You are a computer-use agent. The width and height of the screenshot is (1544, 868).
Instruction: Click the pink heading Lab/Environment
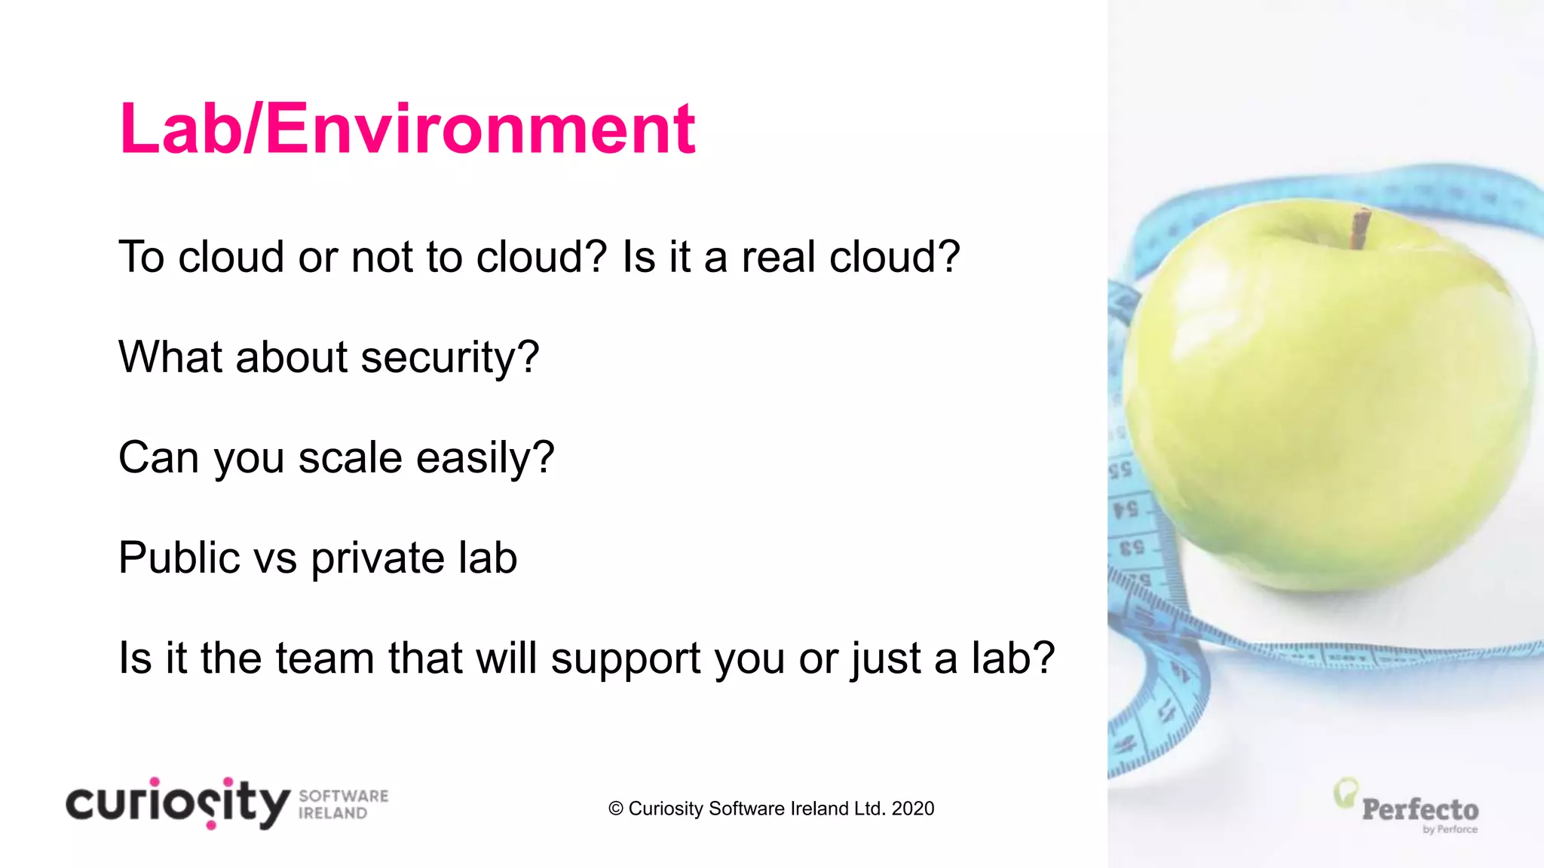point(407,129)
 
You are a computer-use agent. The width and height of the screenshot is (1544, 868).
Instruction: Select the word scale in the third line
point(350,457)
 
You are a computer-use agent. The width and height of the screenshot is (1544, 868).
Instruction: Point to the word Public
point(179,558)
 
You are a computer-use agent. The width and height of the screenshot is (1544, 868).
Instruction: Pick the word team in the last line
point(325,658)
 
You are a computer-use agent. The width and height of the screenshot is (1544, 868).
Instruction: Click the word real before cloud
point(779,257)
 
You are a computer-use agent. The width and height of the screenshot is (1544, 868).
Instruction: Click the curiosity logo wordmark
point(178,803)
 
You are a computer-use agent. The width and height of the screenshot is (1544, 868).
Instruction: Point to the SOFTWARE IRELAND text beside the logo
point(343,805)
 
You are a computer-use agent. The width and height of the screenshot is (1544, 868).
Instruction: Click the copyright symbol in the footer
point(616,808)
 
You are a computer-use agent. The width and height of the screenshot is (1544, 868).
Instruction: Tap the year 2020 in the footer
point(912,808)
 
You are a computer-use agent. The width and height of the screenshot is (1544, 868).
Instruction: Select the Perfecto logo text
point(1420,810)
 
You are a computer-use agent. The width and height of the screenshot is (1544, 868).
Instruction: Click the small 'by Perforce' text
point(1450,830)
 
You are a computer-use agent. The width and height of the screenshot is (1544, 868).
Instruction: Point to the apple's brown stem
point(1360,228)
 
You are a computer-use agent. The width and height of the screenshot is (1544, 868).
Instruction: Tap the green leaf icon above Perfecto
point(1345,793)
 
